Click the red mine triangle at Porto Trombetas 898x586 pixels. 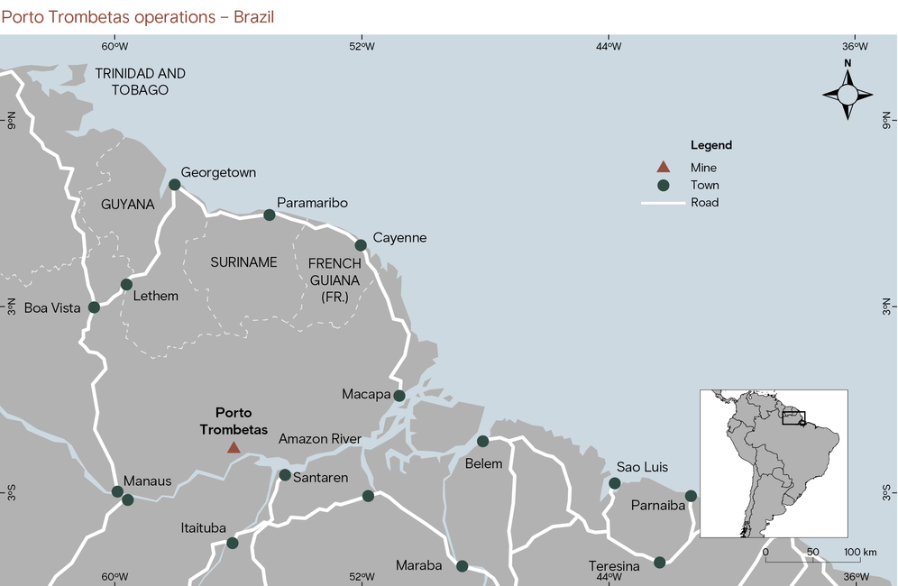tap(234, 447)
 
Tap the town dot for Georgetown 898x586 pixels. tap(175, 185)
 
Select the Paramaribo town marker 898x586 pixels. tap(269, 215)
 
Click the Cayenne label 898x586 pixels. tap(399, 238)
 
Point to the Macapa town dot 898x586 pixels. tap(399, 395)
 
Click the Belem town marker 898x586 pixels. tap(483, 441)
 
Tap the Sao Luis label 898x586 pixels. tap(642, 467)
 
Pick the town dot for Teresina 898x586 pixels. tap(659, 563)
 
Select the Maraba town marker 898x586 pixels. tap(463, 566)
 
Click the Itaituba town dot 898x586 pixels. tap(233, 543)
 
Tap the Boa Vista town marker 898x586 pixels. tap(94, 307)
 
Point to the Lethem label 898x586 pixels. tap(155, 296)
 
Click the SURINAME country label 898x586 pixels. tap(243, 262)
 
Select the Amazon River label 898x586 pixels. tap(320, 439)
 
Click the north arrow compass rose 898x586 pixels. tap(848, 93)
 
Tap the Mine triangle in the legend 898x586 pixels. tap(663, 167)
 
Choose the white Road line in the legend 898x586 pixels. tap(662, 203)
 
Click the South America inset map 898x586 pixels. tap(774, 462)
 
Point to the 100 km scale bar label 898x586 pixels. tap(860, 552)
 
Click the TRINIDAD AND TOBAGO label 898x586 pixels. tap(140, 81)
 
